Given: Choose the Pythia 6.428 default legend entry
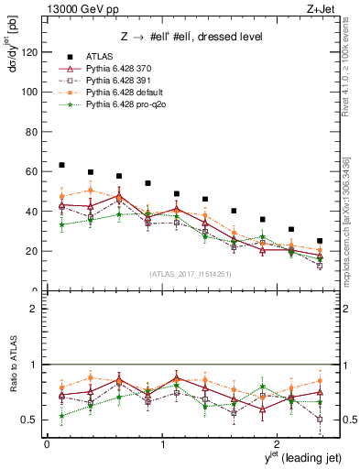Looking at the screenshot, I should tap(126, 94).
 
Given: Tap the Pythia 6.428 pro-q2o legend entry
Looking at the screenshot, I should tap(126, 107).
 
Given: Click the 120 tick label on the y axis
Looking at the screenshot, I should tap(31, 52).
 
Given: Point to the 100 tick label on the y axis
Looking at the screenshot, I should tap(31, 92).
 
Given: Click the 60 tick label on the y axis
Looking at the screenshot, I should tap(33, 171).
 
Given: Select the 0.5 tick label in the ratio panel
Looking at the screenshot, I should tap(30, 420).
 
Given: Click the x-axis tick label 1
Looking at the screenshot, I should tap(163, 443).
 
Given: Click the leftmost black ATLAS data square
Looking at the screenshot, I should tap(61, 165).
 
